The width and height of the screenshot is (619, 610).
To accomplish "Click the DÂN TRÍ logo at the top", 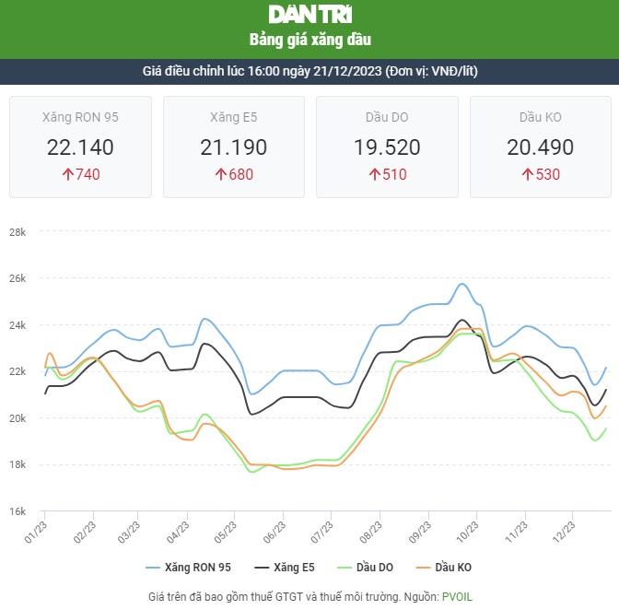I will click(x=309, y=14).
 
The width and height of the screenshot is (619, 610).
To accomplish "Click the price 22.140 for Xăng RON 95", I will click(x=80, y=147).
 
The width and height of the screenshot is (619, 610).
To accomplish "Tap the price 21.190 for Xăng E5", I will click(x=233, y=147).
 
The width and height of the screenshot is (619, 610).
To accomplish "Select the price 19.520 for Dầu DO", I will click(x=387, y=147).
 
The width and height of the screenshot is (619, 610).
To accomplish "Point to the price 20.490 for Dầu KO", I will click(x=540, y=147).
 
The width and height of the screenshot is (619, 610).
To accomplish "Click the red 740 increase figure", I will click(x=80, y=174).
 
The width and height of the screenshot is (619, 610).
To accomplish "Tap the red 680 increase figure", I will click(x=233, y=174).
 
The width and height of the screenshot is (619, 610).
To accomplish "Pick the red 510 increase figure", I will click(x=387, y=174).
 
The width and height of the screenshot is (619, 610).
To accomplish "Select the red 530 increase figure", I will click(x=540, y=174).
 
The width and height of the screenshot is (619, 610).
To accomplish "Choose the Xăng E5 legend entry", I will click(x=289, y=568).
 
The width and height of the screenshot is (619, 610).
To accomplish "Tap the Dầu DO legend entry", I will click(x=372, y=568).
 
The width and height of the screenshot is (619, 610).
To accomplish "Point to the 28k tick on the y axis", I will click(x=18, y=232).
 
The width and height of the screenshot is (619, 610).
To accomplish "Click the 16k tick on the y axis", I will click(x=18, y=511).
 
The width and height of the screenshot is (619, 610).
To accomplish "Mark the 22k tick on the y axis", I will click(x=18, y=371).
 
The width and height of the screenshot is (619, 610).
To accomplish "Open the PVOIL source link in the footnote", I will click(x=456, y=596).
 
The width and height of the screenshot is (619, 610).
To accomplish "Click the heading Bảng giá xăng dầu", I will click(x=309, y=40).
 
